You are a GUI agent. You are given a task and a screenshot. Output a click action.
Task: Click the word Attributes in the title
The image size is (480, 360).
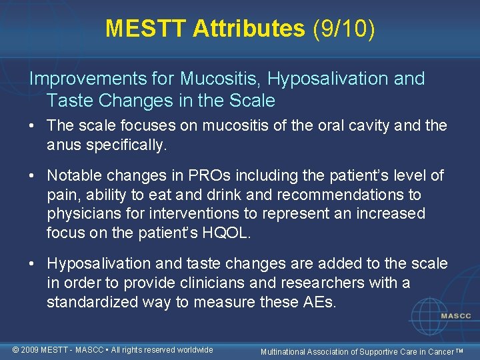tap(249, 28)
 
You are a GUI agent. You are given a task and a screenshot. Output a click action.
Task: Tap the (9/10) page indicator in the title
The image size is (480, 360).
tap(342, 28)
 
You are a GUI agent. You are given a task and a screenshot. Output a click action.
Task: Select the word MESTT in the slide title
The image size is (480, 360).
tap(146, 28)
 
